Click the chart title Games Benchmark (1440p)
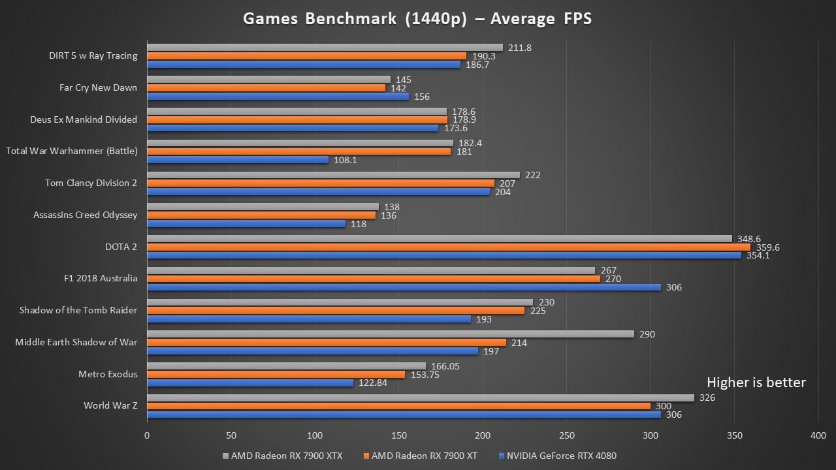(417, 18)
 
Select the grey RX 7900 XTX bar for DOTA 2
(439, 239)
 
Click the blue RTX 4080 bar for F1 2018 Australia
(404, 287)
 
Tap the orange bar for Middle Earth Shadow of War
(326, 343)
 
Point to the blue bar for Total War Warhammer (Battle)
(238, 160)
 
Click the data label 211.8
(521, 48)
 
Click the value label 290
(647, 334)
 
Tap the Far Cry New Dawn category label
(98, 87)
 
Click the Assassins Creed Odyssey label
(85, 215)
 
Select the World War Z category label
(110, 405)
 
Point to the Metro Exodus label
(108, 374)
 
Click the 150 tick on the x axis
(398, 435)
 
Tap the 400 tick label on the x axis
(818, 435)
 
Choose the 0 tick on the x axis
(147, 435)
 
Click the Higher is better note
(756, 383)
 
